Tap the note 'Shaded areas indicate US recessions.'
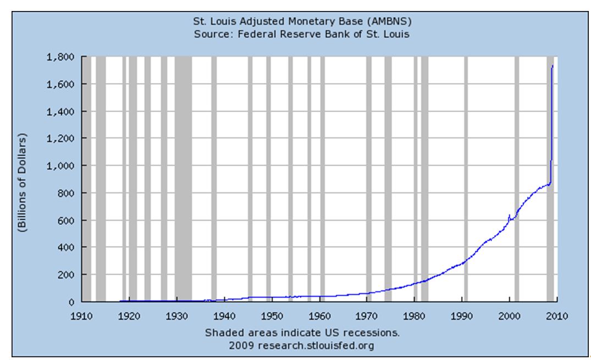point(302,333)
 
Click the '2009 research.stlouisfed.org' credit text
point(302,345)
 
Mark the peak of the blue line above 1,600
point(553,66)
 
